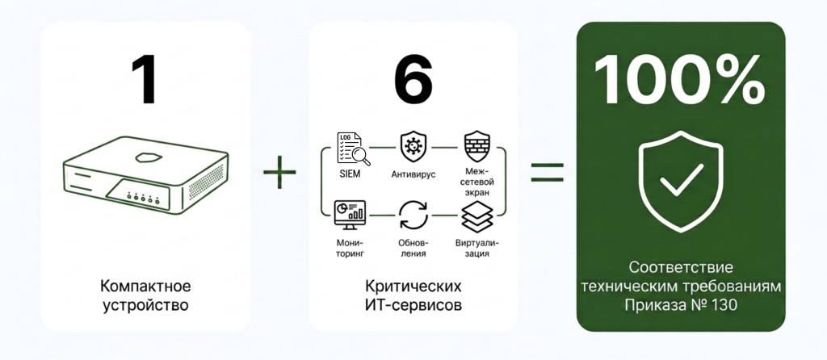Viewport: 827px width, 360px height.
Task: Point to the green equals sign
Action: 547,172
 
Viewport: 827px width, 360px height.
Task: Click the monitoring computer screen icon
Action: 350,215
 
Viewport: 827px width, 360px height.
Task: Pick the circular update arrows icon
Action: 413,215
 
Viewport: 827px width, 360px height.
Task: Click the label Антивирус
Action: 413,174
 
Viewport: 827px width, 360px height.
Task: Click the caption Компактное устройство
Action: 145,295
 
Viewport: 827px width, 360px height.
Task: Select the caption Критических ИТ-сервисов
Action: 413,295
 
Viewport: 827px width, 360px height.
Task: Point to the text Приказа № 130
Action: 680,305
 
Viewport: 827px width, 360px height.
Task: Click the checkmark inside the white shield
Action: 681,179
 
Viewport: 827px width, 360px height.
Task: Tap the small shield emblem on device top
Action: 145,157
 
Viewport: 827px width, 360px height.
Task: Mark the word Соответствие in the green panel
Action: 680,268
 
